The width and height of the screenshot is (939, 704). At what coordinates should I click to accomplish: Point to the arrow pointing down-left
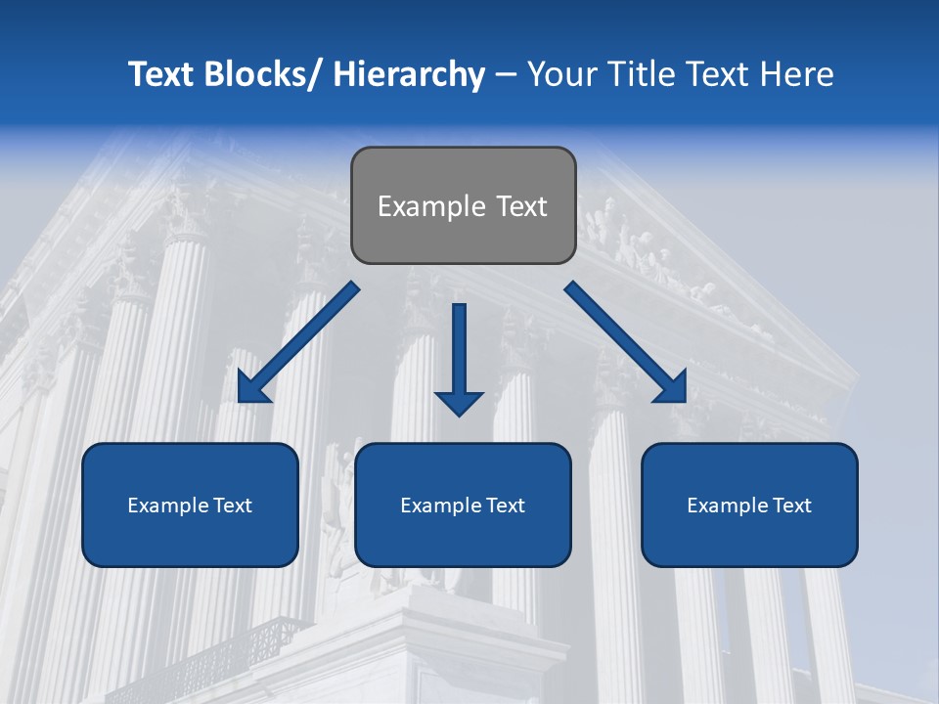(298, 342)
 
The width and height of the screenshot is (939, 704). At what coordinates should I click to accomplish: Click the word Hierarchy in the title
(409, 74)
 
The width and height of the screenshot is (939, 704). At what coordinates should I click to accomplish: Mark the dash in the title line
(506, 74)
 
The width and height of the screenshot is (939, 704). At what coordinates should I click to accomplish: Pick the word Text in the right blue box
(790, 506)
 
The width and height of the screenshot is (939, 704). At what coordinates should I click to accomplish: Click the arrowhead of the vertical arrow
(459, 402)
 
